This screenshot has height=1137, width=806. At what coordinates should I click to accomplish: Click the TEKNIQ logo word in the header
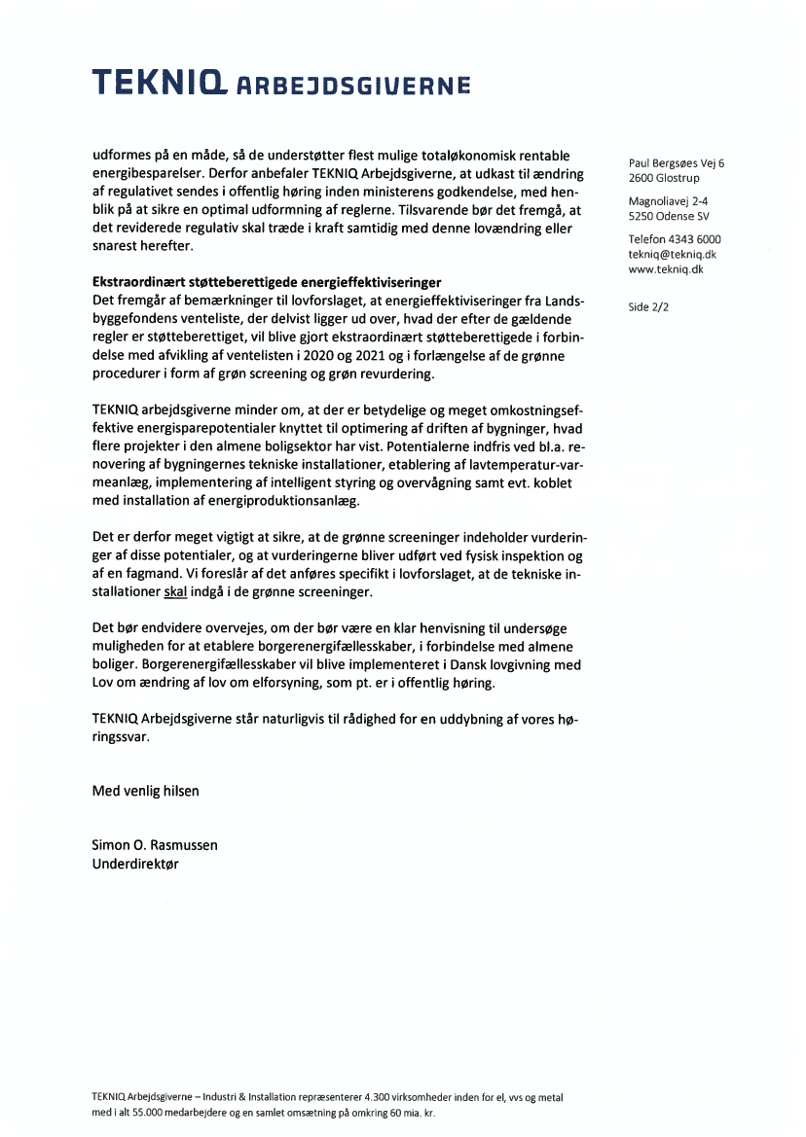[157, 85]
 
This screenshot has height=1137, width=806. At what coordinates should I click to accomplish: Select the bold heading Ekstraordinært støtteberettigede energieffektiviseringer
[267, 282]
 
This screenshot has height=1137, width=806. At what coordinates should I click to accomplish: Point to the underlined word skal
[176, 591]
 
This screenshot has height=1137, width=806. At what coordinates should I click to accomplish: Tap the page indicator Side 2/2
[650, 307]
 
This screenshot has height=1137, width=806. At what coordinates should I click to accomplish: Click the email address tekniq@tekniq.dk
[673, 254]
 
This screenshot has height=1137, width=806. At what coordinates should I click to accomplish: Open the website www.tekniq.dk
[666, 269]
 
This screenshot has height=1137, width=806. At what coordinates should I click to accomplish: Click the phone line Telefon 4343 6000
[675, 239]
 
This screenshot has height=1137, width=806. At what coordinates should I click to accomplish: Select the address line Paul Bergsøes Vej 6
[677, 163]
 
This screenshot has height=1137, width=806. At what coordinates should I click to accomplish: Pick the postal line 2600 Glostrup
[664, 179]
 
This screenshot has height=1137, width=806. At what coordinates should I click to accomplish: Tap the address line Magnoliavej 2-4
[668, 201]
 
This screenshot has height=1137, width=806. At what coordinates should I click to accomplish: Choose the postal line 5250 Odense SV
[668, 217]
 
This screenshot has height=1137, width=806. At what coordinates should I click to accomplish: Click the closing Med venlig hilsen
[145, 791]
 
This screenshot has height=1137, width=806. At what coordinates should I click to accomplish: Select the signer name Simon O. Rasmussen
[155, 845]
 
